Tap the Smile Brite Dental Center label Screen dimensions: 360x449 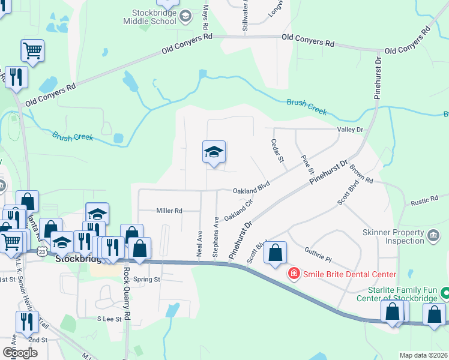(x=349, y=275)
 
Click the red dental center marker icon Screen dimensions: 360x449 (x=294, y=275)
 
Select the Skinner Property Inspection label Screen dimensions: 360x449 (x=393, y=236)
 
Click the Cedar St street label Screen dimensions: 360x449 (x=277, y=151)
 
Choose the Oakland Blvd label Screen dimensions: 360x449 (x=253, y=190)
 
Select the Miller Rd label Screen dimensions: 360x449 (x=169, y=211)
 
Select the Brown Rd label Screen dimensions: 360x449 (x=361, y=175)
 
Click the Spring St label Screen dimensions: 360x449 (x=148, y=280)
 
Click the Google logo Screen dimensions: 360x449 (x=20, y=353)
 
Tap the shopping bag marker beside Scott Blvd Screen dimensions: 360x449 (x=275, y=253)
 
